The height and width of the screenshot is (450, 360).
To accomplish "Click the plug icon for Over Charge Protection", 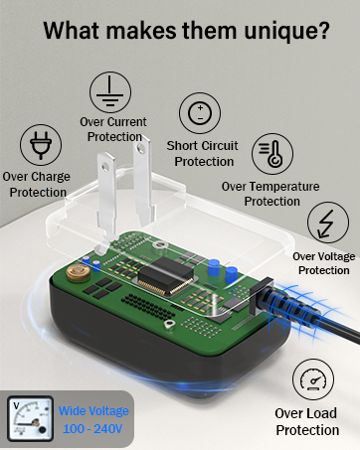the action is (41, 145).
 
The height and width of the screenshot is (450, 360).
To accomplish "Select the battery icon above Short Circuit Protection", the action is (200, 112).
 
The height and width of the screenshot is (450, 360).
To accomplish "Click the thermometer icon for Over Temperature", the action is (270, 154).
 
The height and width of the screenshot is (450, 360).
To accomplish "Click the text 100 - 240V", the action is (92, 429).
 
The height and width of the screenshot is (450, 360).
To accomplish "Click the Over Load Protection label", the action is (307, 422).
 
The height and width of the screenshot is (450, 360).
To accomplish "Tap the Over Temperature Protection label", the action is (270, 193).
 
